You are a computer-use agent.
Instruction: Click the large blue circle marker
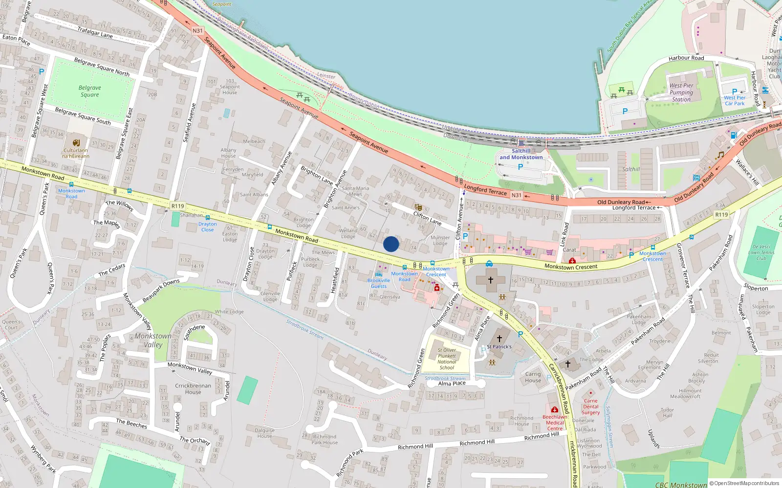tap(391, 244)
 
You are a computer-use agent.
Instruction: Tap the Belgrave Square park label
tap(90, 91)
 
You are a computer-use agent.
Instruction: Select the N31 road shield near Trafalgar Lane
tap(197, 31)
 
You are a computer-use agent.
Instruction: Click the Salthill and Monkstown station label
tap(521, 154)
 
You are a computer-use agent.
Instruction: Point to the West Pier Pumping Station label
tap(681, 92)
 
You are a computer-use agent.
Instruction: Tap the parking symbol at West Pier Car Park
tap(735, 92)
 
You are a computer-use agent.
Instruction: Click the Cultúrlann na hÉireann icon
tap(76, 143)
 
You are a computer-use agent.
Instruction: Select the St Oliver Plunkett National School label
tap(447, 359)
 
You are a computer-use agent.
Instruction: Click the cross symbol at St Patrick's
tap(500, 338)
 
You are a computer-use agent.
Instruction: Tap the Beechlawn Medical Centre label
tap(555, 423)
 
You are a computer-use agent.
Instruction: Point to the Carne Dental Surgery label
tap(590, 407)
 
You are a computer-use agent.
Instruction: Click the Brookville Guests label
tap(379, 283)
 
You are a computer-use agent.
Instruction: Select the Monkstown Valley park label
tap(153, 340)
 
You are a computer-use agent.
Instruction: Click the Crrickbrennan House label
tap(193, 388)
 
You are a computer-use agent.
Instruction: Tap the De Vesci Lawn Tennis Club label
tap(761, 252)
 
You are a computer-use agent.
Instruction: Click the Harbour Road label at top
tap(686, 58)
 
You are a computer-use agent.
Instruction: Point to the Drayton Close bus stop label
tap(207, 227)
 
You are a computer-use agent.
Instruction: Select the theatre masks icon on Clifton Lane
tap(418, 207)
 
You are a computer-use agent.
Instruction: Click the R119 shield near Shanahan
tap(178, 206)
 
